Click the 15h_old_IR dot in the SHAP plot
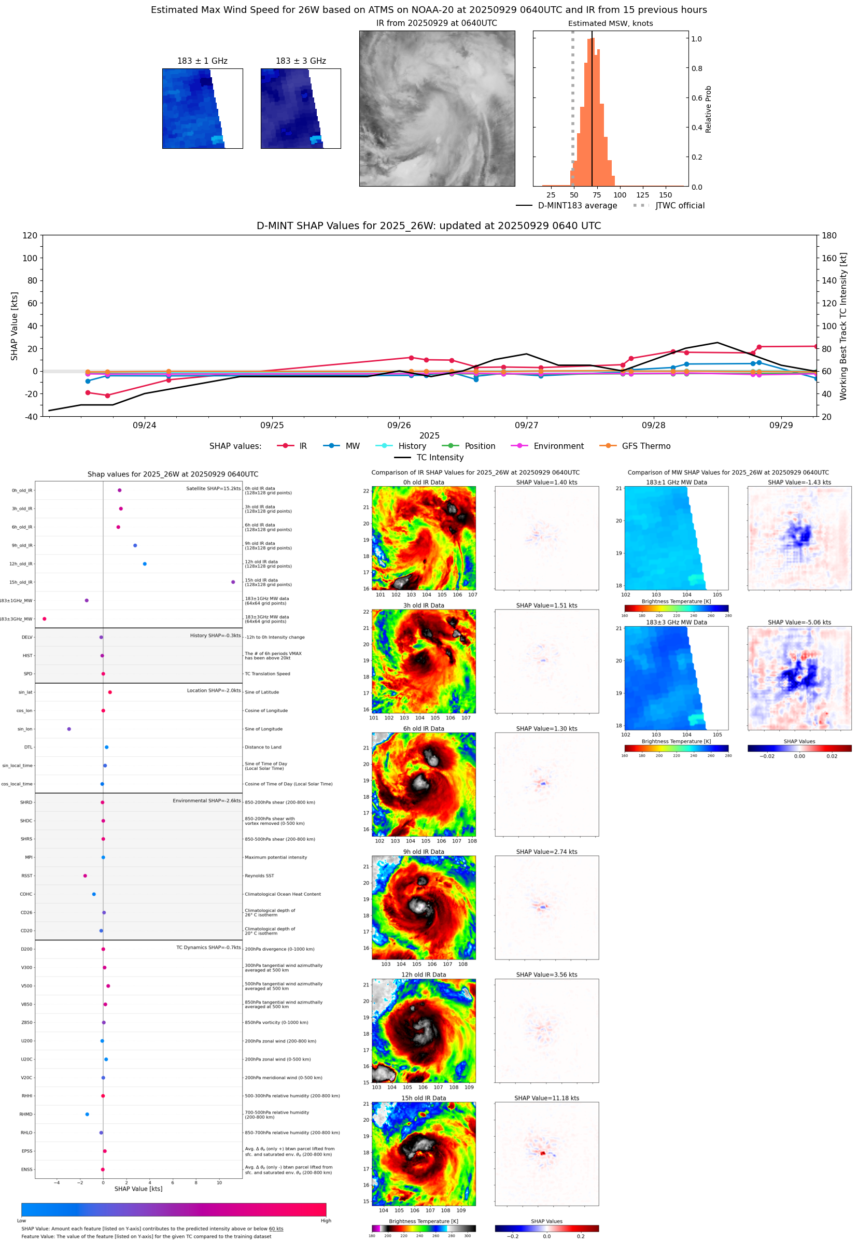pos(233,582)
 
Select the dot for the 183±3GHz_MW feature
pos(45,618)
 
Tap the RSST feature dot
pos(85,876)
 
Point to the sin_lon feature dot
pos(69,729)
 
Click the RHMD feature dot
pos(87,1114)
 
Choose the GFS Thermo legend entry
pos(635,446)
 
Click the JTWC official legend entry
pos(669,205)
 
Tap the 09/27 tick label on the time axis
pos(526,425)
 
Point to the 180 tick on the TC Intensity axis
pos(829,235)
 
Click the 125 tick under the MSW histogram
pos(642,195)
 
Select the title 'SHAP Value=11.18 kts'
pos(546,1098)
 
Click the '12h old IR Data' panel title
pos(424,975)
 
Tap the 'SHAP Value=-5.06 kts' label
pos(799,623)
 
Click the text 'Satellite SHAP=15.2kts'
pos(214,488)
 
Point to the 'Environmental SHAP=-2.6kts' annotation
pos(206,800)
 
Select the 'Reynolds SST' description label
pos(259,876)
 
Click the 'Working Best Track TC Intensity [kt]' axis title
pos(843,326)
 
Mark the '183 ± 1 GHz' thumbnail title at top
pos(202,61)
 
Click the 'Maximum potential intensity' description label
pos(276,857)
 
